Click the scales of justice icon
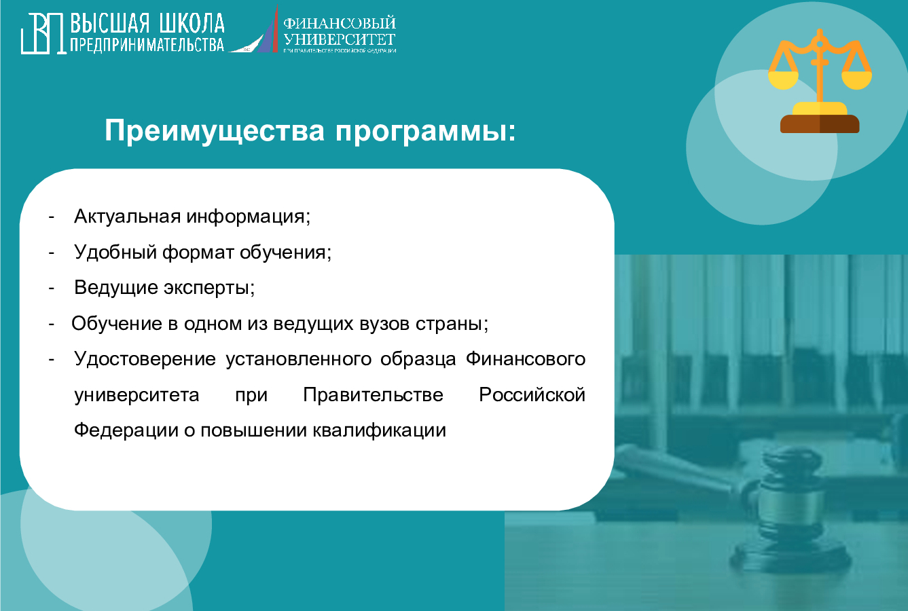[820, 81]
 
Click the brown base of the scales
[820, 124]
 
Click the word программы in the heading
[424, 130]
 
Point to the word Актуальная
[127, 217]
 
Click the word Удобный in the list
[115, 253]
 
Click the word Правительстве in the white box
[373, 395]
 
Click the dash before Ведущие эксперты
[51, 288]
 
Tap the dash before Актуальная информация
[51, 217]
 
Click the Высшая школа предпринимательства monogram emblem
[43, 33]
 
